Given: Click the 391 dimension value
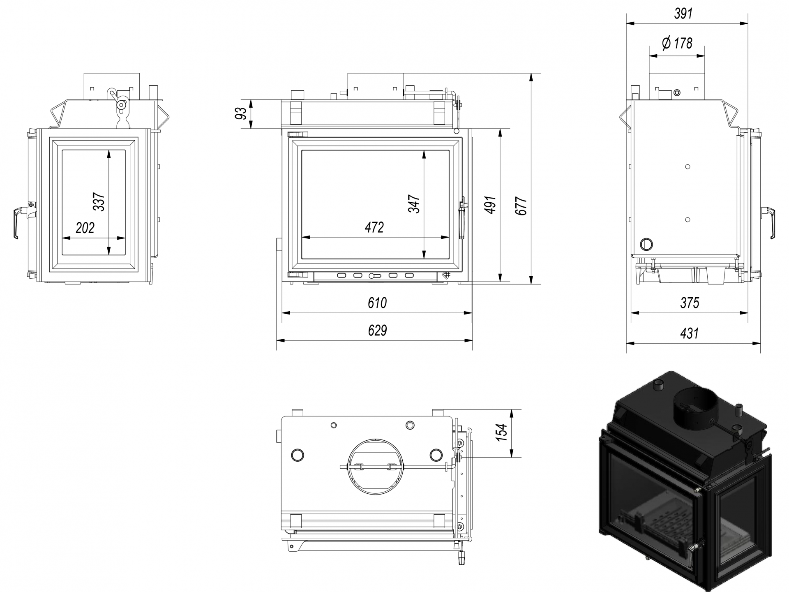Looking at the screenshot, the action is (683, 14).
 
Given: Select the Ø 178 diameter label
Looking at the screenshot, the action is (677, 43).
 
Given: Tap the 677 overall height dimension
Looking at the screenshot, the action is (521, 206).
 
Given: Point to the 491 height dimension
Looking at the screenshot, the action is (490, 205).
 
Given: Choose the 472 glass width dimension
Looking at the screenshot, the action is (374, 227).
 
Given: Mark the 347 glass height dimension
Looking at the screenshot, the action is (414, 204).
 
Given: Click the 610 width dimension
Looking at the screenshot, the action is (377, 303).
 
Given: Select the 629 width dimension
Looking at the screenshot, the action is (377, 331).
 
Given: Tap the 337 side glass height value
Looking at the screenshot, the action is (99, 201).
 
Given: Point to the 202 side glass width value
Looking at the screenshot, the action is (85, 228).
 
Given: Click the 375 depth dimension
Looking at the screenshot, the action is (690, 303).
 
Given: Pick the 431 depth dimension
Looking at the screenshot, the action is (689, 333).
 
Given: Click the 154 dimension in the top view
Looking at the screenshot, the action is (502, 432).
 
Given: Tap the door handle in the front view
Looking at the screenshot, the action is (462, 217).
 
